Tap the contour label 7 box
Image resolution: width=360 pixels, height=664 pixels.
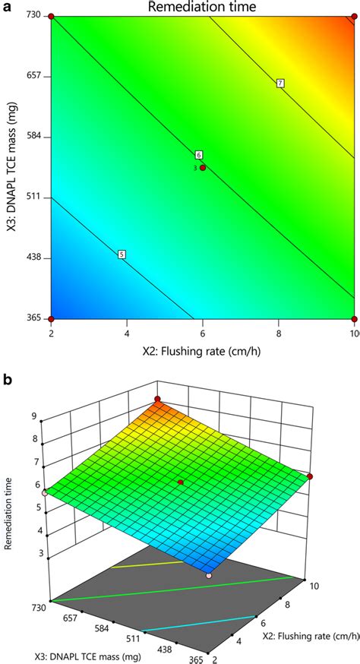(280, 83)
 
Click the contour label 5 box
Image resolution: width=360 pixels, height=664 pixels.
(122, 254)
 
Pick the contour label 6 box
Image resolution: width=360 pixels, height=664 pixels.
(199, 155)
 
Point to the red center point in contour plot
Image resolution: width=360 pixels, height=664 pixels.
(203, 167)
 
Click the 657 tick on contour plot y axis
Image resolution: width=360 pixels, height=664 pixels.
(32, 77)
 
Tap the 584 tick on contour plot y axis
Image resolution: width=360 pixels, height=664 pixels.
(32, 137)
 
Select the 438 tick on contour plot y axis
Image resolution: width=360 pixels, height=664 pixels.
(32, 258)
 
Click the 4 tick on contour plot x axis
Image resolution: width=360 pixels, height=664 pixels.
(126, 333)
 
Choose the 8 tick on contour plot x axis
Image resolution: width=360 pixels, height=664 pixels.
(279, 333)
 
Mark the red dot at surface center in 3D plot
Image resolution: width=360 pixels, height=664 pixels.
(181, 482)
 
